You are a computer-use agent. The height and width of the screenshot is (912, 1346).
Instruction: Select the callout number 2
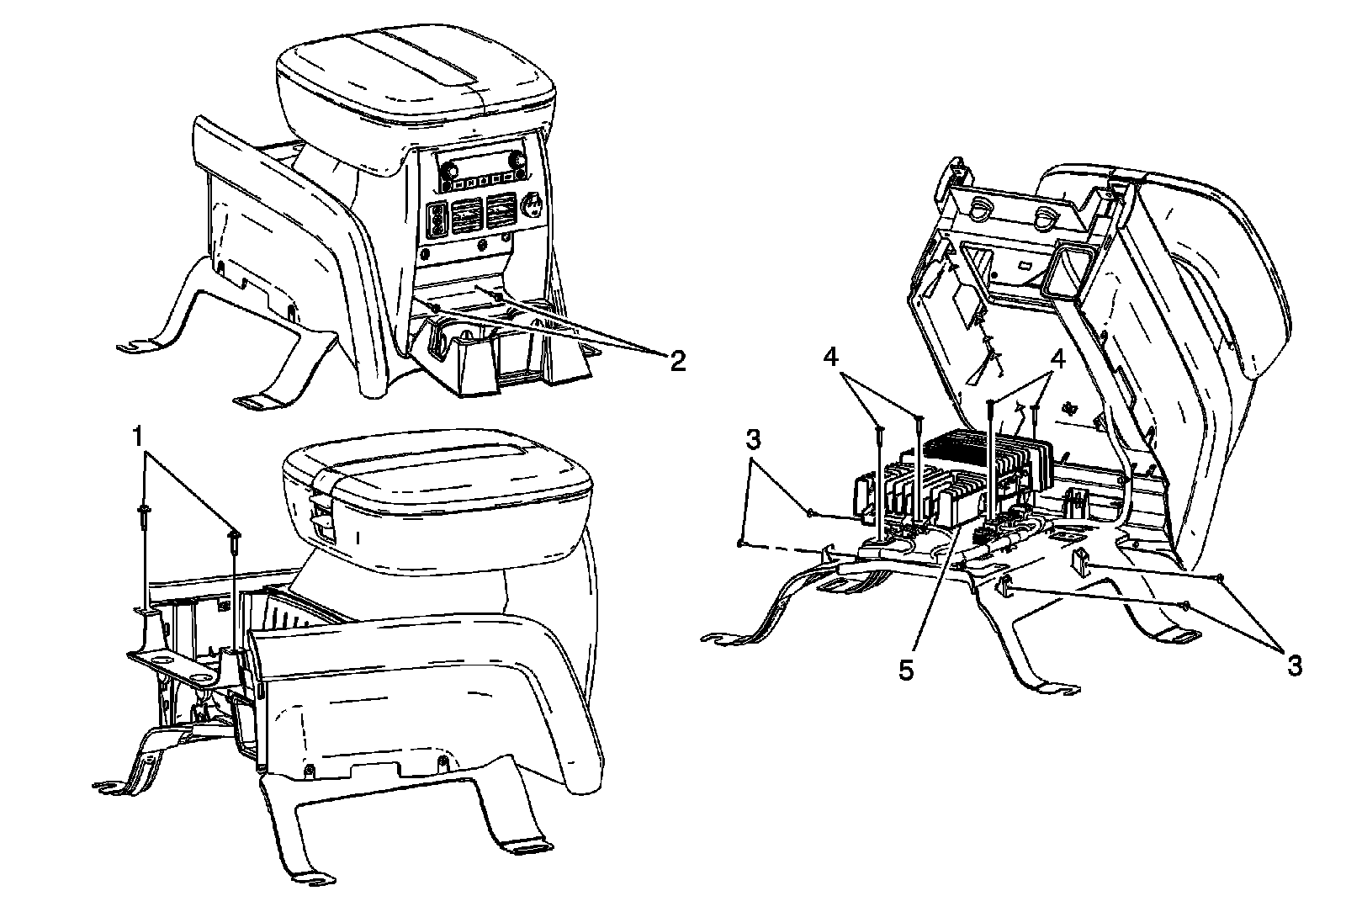[x=677, y=362]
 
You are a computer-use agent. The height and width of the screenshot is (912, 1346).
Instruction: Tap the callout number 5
[x=905, y=671]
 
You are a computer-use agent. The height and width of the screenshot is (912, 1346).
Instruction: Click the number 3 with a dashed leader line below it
[x=755, y=440]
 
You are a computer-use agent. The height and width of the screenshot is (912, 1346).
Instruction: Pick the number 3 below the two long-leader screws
[x=1294, y=665]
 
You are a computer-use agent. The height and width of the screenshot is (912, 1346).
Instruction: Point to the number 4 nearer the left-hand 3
[x=830, y=358]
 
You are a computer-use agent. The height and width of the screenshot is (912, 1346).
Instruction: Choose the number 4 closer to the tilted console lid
[x=1057, y=358]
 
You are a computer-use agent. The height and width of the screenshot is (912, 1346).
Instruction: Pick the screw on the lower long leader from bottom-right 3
[x=1184, y=604]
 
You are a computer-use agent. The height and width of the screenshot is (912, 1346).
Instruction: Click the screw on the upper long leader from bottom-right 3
[x=1219, y=576]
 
